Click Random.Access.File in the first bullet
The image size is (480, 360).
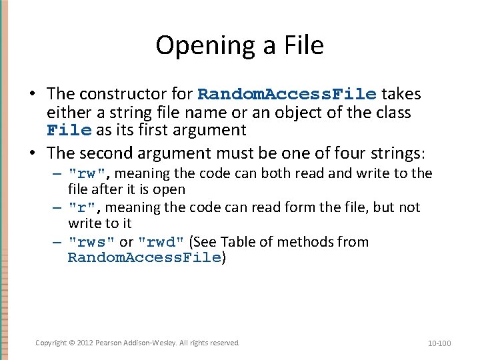point(287,95)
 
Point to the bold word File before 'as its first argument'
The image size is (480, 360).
point(69,130)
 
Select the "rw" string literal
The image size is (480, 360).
point(89,174)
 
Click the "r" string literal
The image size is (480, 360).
point(84,208)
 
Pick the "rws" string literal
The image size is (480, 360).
point(92,242)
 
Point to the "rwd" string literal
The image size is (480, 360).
point(161,242)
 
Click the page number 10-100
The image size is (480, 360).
point(439,343)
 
